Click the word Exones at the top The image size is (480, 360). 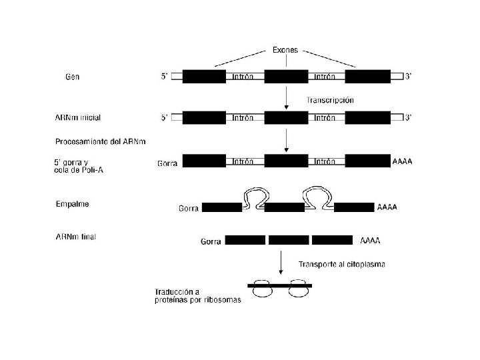287,49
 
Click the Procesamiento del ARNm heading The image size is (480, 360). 100,141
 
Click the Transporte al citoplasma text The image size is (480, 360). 341,264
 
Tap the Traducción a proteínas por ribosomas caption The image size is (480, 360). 197,296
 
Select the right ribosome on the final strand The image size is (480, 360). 298,288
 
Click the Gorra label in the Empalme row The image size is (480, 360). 188,209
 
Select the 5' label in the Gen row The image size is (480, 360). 165,77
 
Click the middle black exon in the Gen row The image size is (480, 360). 286,77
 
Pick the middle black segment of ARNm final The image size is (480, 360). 289,239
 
